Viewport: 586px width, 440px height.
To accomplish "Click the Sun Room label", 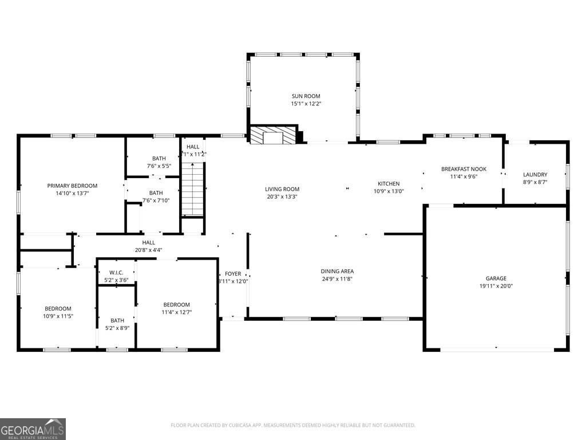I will click(306, 96).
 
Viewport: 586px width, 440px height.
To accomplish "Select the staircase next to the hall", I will click(193, 188).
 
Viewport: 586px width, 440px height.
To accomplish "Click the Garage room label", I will click(496, 278).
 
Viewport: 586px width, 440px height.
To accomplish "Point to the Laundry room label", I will click(535, 175).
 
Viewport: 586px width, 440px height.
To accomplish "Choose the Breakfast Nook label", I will click(464, 169).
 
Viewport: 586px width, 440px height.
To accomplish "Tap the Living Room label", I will click(282, 189).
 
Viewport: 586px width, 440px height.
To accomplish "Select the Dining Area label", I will click(337, 271).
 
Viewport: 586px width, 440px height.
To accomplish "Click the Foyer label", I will click(233, 274).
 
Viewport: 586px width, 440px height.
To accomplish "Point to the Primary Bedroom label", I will click(72, 186).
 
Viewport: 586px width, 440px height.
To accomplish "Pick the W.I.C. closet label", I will click(116, 273).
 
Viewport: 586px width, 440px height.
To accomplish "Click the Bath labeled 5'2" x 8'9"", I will click(117, 320).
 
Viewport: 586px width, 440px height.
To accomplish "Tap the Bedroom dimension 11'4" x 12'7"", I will click(176, 312).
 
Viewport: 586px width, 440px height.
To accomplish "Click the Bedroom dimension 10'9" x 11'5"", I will click(58, 316).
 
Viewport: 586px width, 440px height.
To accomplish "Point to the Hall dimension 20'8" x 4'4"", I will click(149, 250).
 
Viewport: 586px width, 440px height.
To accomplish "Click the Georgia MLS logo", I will click(33, 429).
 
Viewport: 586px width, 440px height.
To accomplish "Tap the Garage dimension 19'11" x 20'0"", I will click(496, 286).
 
